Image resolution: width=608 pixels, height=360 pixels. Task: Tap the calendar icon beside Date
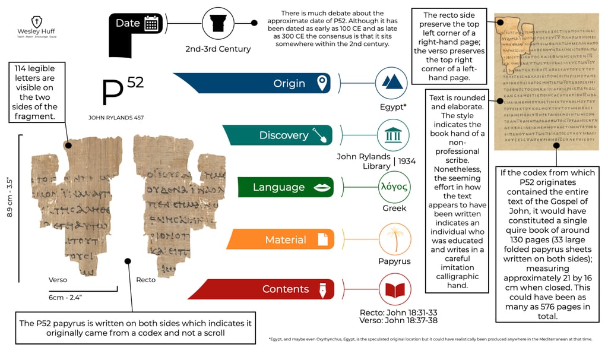click(151, 24)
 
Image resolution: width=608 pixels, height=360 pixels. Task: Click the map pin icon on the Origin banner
click(322, 83)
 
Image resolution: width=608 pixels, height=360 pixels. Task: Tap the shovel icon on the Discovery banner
click(321, 135)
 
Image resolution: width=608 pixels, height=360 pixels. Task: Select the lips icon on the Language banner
click(322, 188)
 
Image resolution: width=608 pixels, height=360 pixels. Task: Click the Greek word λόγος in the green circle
click(394, 187)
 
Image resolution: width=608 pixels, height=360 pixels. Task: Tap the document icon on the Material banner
click(322, 239)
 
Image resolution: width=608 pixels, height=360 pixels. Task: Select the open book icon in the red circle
click(395, 290)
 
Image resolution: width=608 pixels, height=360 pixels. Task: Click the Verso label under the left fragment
click(58, 280)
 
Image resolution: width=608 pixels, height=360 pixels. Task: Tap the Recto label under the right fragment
click(146, 280)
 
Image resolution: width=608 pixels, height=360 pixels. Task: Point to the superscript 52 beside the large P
click(135, 83)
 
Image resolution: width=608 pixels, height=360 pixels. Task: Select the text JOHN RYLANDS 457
click(116, 118)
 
